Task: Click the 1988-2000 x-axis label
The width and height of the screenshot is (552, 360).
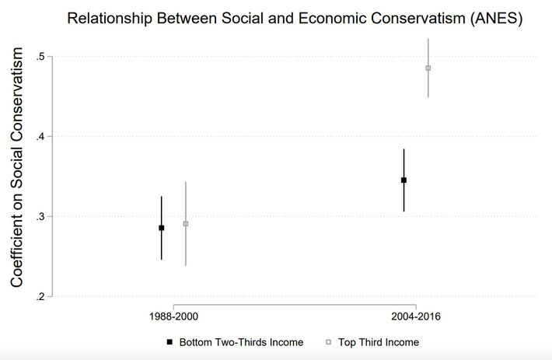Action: click(173, 317)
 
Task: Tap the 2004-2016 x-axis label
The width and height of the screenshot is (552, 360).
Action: click(416, 317)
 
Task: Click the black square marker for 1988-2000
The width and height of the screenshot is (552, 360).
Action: click(162, 228)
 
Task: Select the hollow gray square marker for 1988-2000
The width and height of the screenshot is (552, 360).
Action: click(185, 224)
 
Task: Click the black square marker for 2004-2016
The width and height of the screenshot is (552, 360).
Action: click(404, 180)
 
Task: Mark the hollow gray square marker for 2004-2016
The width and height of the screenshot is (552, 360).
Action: click(428, 68)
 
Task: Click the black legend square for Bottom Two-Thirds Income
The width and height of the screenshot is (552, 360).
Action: click(169, 342)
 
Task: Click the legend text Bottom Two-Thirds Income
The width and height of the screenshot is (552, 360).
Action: click(241, 342)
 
